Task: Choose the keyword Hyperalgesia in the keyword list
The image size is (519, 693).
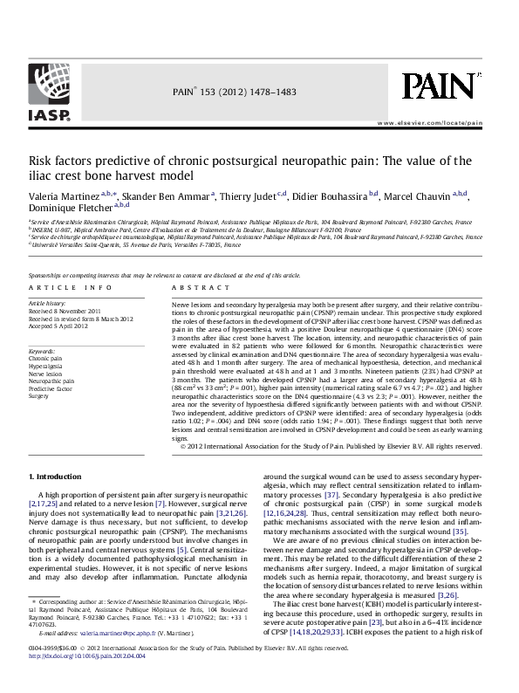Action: coord(45,364)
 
